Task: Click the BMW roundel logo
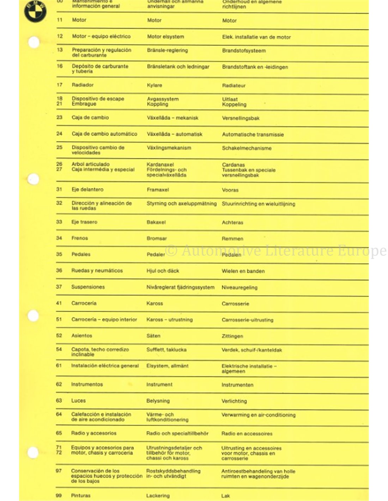pyautogui.click(x=35, y=11)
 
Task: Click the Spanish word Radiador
pyautogui.click(x=83, y=85)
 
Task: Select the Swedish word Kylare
pyautogui.click(x=154, y=85)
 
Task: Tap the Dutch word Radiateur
pyautogui.click(x=234, y=86)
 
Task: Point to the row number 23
pyautogui.click(x=59, y=117)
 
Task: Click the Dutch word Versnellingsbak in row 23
pyautogui.click(x=241, y=118)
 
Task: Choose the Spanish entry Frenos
pyautogui.click(x=80, y=238)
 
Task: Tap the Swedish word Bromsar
pyautogui.click(x=157, y=239)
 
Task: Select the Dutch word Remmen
pyautogui.click(x=232, y=239)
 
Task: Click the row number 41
pyautogui.click(x=59, y=303)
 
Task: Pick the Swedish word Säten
pyautogui.click(x=153, y=336)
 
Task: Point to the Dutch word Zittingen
pyautogui.click(x=232, y=336)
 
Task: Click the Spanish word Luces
pyautogui.click(x=78, y=401)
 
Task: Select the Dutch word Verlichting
pyautogui.click(x=234, y=401)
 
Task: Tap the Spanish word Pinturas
pyautogui.click(x=81, y=495)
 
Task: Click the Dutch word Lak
pyautogui.click(x=226, y=496)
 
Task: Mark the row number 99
pyautogui.click(x=59, y=495)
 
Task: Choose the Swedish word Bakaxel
pyautogui.click(x=156, y=222)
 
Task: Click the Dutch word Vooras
pyautogui.click(x=230, y=190)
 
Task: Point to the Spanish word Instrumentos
pyautogui.click(x=87, y=384)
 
